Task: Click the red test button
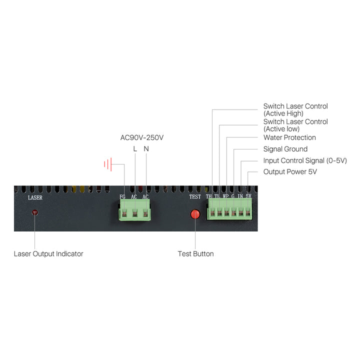pos(195,214)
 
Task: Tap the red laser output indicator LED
pos(34,212)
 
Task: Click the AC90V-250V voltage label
pos(142,137)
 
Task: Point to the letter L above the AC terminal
pos(134,149)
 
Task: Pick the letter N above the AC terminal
pos(146,149)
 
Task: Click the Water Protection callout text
pos(289,137)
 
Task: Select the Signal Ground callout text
pos(285,149)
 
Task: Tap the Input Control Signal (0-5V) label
pos(305,160)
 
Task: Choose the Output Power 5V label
pos(290,172)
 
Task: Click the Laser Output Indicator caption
pos(48,254)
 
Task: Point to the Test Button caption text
pos(195,254)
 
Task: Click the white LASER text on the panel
pos(35,197)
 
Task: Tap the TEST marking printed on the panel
pos(195,197)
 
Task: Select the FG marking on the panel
pos(122,197)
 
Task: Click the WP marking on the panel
pos(225,196)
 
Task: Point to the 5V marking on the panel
pos(248,196)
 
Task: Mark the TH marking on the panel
pos(209,196)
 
